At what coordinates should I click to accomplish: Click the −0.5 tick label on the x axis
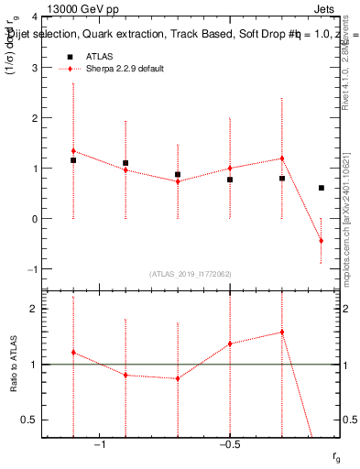coord(229,445)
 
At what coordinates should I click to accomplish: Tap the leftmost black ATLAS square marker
coord(73,160)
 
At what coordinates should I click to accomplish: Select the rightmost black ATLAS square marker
coord(321,188)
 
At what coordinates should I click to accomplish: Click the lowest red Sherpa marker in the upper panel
coord(321,241)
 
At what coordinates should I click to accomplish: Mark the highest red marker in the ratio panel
coord(281,333)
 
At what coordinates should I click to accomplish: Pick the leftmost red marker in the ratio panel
coord(73,353)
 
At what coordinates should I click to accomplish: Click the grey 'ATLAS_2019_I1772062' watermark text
coord(191,274)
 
